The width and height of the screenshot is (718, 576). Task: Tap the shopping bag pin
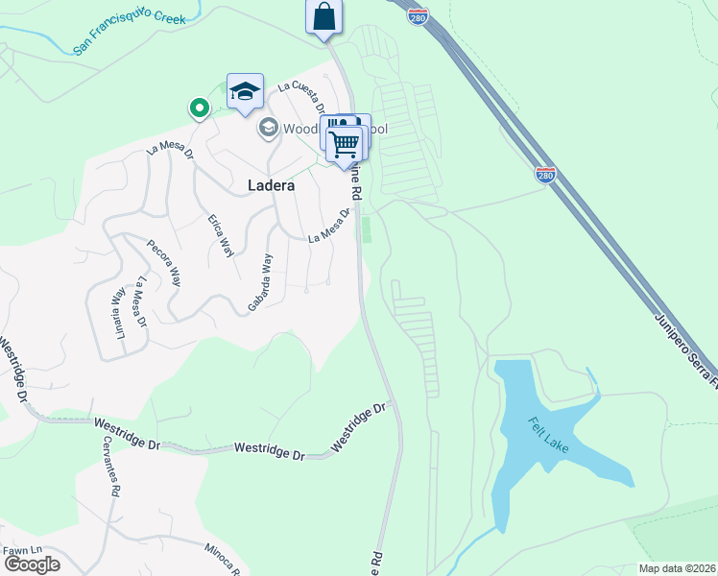tap(324, 17)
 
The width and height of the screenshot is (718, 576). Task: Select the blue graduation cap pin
tap(245, 91)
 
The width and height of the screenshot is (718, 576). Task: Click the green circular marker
tap(200, 108)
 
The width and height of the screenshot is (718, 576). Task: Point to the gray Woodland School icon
tap(268, 128)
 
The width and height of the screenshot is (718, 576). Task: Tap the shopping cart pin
tap(345, 145)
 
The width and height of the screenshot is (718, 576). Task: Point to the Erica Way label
tap(221, 235)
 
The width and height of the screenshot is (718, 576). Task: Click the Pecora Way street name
tap(163, 258)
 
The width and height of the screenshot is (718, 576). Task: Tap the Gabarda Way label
tap(259, 279)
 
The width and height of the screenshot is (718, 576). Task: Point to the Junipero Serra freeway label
tap(683, 347)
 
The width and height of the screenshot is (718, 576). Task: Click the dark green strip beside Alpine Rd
tap(366, 230)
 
